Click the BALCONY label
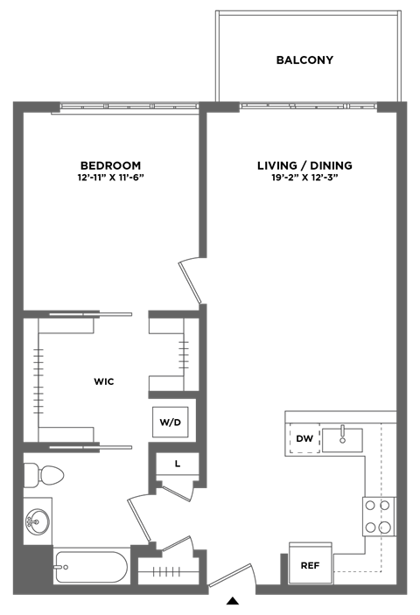click(x=304, y=60)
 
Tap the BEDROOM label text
click(x=110, y=165)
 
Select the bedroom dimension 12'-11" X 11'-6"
click(x=110, y=178)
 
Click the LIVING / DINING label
click(x=304, y=165)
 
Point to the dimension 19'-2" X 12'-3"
click(x=304, y=178)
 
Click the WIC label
click(x=104, y=381)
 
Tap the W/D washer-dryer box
click(x=171, y=423)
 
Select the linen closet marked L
click(x=178, y=464)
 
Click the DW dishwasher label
click(x=304, y=438)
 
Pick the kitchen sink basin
click(x=342, y=440)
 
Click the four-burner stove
click(x=378, y=516)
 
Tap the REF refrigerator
click(x=311, y=563)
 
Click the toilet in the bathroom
click(x=44, y=475)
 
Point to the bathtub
click(x=91, y=567)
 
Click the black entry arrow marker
click(x=233, y=600)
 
